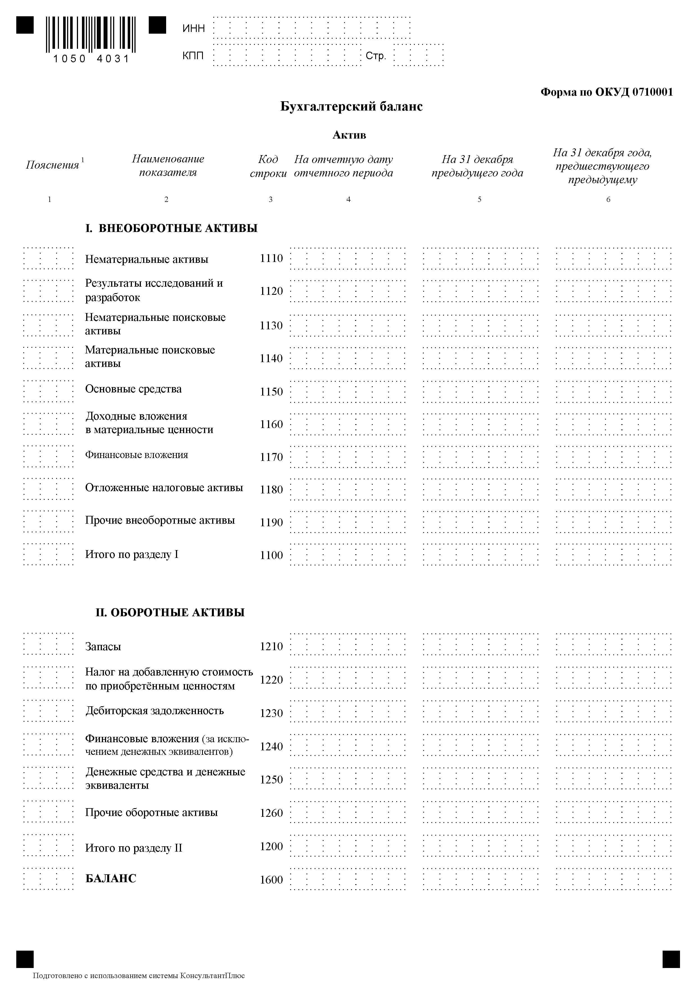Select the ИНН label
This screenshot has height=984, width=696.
pos(193,28)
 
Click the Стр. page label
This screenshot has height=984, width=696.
pos(376,56)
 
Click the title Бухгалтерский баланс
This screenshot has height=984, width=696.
pos(351,106)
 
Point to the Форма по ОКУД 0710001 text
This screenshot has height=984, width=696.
pos(606,92)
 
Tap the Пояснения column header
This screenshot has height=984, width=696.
pos(53,165)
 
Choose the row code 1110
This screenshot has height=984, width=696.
pos(271,258)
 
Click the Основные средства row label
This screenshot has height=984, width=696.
pos(133,389)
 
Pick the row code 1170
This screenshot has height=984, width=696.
pos(271,457)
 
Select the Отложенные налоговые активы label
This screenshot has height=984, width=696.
pos(164,488)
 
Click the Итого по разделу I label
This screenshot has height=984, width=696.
pos(132,555)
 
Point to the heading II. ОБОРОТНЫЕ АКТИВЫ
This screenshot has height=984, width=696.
pos(170,612)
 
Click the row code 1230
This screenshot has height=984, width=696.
pos(271,713)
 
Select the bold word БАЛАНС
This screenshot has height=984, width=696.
pos(111,879)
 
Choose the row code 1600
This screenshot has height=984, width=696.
pos(271,880)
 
